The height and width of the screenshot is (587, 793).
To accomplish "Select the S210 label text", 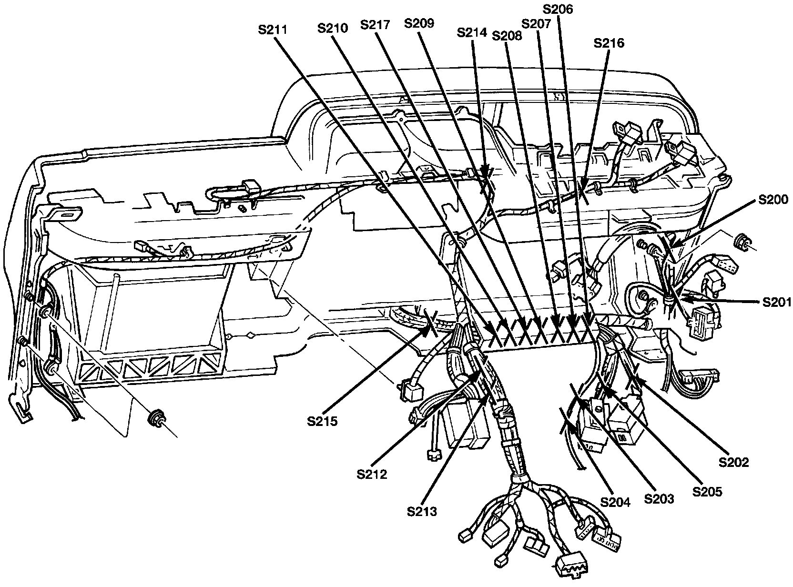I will [x=333, y=28].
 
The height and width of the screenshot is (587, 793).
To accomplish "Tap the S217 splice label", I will [x=376, y=25].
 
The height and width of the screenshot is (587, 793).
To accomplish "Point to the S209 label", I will [x=419, y=23].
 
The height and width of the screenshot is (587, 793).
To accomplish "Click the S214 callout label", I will [x=471, y=32].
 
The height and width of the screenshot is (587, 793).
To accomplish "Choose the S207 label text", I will [x=536, y=23].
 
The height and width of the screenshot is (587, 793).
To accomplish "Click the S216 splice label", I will [x=609, y=43].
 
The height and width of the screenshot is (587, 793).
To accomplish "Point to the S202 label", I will [x=734, y=462].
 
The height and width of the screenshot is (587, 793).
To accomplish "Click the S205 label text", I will [x=708, y=491].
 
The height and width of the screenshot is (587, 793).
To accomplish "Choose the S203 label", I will [x=659, y=499].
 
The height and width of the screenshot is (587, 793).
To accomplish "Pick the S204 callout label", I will [x=615, y=502].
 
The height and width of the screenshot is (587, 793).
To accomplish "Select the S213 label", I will [x=422, y=512].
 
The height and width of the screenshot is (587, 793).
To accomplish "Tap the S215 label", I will [x=322, y=421].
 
